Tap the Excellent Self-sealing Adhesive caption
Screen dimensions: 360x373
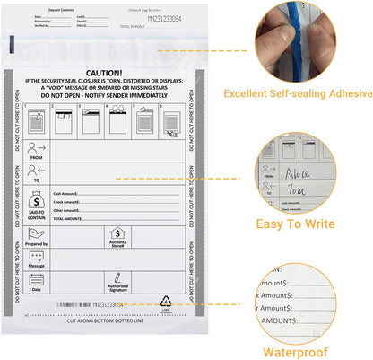click(298, 92)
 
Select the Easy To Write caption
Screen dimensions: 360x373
click(298, 224)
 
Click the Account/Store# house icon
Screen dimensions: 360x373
click(117, 235)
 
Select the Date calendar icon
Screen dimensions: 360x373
click(37, 280)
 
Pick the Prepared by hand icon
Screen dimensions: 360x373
click(37, 233)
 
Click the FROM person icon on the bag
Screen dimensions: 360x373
click(37, 147)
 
